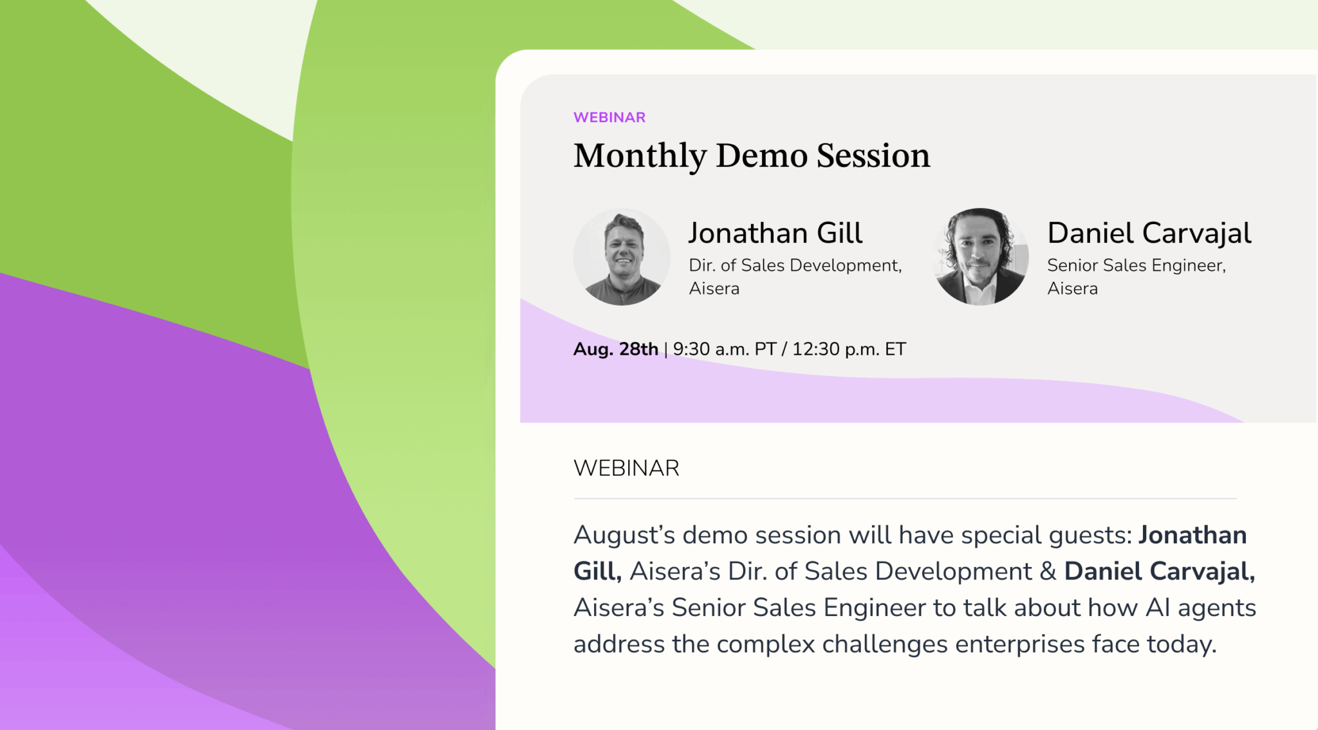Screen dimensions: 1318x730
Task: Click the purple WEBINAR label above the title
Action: [x=609, y=117]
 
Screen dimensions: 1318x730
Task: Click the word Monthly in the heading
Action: [x=640, y=156]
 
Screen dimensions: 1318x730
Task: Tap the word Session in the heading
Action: [x=873, y=156]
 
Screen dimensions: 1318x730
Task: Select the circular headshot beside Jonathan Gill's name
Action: [x=622, y=256]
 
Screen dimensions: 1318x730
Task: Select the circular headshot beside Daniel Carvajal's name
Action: [x=980, y=256]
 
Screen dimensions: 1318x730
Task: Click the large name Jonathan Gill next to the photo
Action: [x=775, y=232]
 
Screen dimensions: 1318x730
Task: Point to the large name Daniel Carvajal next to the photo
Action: [x=1149, y=233]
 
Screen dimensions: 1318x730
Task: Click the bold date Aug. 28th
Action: [x=616, y=349]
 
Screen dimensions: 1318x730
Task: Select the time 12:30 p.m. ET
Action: [x=849, y=349]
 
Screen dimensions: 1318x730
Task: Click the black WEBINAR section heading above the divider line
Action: [x=626, y=468]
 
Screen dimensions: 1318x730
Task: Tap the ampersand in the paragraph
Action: [x=1048, y=572]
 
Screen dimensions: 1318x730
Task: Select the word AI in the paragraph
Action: [x=1158, y=608]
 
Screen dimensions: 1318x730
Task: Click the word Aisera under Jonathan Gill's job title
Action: [x=714, y=288]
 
